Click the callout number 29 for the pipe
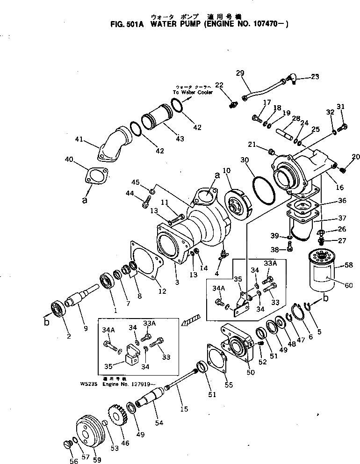coord(240,72)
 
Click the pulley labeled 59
coord(89,432)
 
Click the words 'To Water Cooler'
coord(193,93)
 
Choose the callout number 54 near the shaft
coord(159,423)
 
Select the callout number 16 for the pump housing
coord(339,188)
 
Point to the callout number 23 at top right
coord(315,76)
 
